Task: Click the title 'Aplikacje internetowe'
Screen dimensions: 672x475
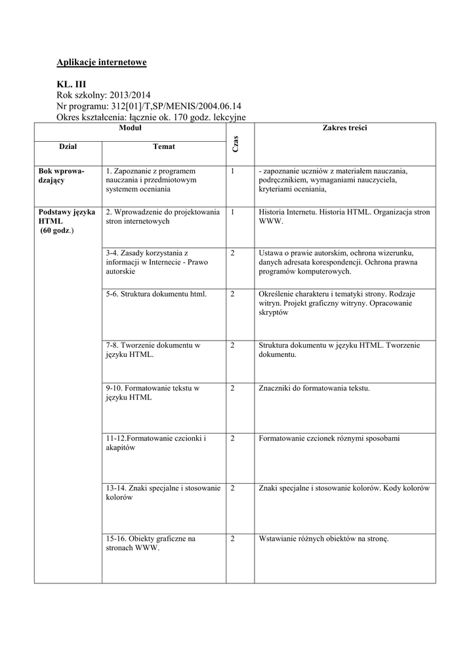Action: point(102,62)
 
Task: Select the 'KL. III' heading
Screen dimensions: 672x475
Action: point(72,85)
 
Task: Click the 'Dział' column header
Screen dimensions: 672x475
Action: point(68,146)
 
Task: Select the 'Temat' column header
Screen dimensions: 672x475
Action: point(163,146)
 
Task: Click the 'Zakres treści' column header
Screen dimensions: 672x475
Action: point(344,129)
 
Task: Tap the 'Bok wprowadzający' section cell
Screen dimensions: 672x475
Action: point(62,175)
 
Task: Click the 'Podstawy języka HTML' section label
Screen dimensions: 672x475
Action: point(67,217)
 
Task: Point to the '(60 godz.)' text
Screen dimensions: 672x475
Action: point(58,231)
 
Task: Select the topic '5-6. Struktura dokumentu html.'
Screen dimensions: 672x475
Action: point(156,294)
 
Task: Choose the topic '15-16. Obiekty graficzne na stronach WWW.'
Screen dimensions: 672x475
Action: point(151,543)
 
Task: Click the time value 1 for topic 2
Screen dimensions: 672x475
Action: point(233,212)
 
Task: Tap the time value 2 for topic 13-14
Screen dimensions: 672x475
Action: point(233,488)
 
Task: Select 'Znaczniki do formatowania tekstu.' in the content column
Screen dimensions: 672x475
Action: point(315,388)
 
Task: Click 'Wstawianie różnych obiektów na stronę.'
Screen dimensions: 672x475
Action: point(325,539)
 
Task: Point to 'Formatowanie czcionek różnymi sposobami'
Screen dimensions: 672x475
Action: point(329,438)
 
